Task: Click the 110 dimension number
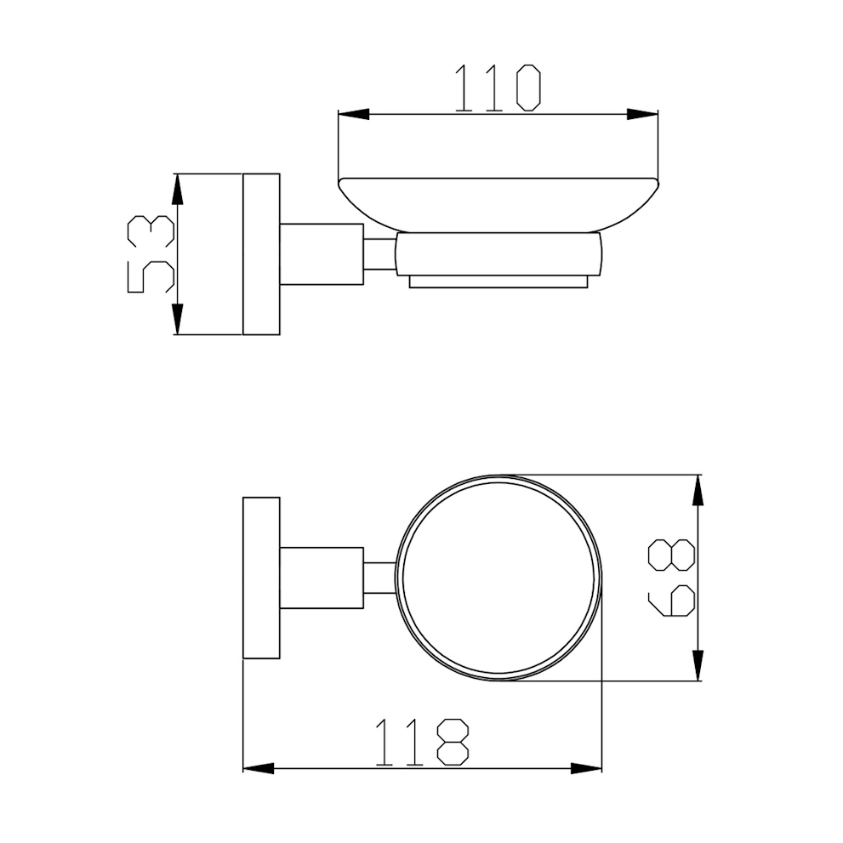498,88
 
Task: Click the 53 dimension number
151,253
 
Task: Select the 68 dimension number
672,578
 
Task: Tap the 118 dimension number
423,742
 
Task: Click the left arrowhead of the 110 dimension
354,114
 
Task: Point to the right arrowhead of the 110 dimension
642,114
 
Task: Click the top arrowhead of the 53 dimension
178,189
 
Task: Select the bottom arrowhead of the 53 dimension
178,319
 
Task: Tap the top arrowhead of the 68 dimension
698,490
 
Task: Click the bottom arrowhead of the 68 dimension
698,665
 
